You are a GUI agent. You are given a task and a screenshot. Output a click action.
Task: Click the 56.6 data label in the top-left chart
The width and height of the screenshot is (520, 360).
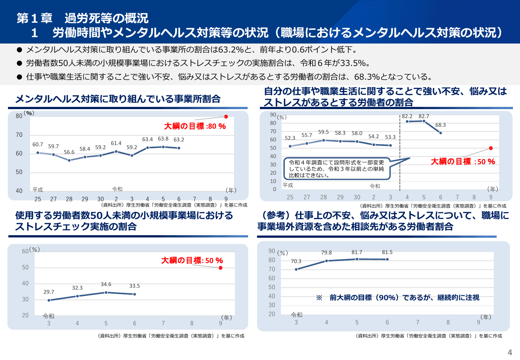click(69, 152)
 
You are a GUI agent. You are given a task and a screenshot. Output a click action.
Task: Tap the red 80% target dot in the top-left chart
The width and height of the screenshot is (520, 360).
click(226, 116)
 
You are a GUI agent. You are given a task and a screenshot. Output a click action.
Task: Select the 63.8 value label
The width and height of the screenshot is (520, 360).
click(163, 139)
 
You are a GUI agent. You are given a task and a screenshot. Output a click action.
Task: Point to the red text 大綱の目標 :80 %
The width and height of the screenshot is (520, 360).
click(195, 126)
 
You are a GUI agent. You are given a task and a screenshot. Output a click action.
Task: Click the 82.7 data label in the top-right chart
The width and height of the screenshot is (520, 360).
click(424, 116)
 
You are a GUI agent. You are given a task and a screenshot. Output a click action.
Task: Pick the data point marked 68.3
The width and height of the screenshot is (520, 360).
click(441, 133)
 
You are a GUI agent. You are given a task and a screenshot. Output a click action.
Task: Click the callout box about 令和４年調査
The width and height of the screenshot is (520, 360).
click(337, 169)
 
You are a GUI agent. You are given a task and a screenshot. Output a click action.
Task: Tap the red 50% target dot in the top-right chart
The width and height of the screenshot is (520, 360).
click(491, 148)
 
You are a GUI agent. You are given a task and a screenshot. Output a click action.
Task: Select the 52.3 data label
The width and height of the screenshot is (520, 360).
click(290, 138)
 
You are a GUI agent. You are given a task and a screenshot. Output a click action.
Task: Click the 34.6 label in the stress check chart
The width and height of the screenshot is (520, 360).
click(106, 284)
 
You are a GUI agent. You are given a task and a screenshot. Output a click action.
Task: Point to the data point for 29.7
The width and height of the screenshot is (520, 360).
click(49, 300)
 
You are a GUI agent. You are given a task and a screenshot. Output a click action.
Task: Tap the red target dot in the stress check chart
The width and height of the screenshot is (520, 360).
click(220, 268)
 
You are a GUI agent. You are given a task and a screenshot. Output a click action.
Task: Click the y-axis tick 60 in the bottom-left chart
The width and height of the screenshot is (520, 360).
click(25, 252)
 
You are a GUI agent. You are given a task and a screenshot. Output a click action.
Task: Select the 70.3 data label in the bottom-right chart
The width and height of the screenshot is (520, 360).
click(296, 261)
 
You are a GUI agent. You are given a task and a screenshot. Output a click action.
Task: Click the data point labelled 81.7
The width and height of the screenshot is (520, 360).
click(357, 259)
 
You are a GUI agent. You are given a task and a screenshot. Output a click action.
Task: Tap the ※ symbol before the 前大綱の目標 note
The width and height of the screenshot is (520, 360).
click(319, 298)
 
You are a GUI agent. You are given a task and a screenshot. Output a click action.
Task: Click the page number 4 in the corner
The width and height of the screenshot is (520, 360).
click(510, 353)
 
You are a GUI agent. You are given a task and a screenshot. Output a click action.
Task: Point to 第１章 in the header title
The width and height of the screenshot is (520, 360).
click(35, 19)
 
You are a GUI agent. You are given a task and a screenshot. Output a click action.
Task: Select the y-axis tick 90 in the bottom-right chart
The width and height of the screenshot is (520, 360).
click(272, 251)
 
